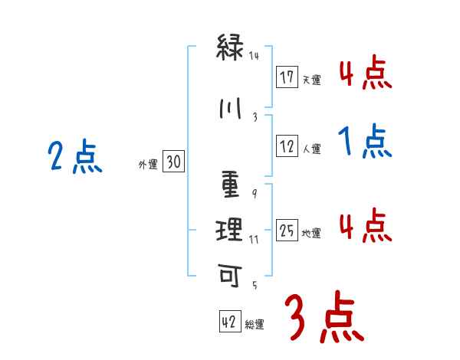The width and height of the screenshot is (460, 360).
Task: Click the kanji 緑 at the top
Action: (230, 49)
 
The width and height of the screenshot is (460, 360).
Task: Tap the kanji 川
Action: (230, 109)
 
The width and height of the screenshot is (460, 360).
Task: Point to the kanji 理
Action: (230, 228)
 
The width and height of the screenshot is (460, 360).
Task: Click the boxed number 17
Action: (287, 77)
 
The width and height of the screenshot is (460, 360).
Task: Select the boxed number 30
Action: (173, 162)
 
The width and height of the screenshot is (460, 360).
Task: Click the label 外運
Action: (148, 164)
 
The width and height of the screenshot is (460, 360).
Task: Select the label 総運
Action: (255, 325)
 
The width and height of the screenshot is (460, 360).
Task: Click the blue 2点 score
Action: (74, 158)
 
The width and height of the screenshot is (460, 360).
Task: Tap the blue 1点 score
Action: (364, 142)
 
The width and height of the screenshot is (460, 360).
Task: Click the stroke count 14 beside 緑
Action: (255, 55)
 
